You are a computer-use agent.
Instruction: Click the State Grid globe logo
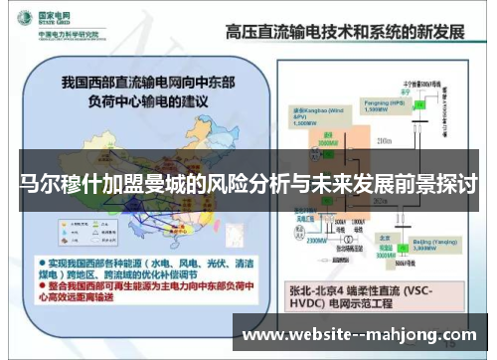pyautogui.click(x=20, y=19)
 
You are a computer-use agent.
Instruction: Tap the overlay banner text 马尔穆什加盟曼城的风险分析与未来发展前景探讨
pyautogui.click(x=248, y=184)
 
